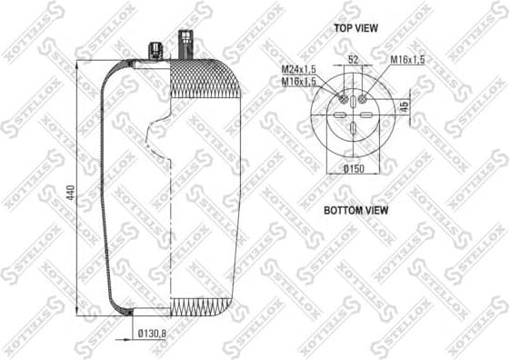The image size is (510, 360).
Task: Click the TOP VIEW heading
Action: (x=355, y=28)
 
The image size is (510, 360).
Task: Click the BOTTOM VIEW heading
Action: (x=355, y=210)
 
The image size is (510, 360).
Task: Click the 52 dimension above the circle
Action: (x=353, y=59)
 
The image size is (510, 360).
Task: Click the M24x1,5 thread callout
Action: (x=296, y=70)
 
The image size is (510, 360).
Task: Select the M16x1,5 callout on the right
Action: (x=408, y=59)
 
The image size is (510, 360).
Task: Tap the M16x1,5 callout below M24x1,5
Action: (x=296, y=81)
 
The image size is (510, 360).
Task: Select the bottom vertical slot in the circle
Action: (x=353, y=129)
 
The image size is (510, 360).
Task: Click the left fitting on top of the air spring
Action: (x=154, y=48)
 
